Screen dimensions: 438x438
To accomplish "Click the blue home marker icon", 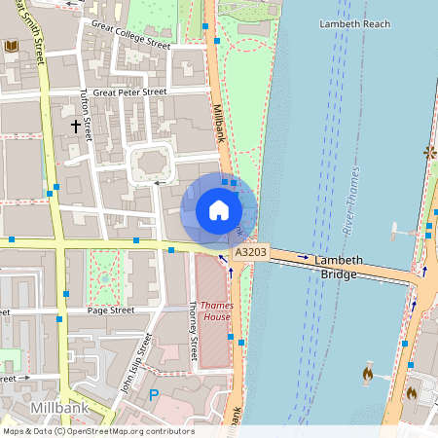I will point(219,209).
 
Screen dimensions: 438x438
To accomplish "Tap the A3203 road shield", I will point(249,252).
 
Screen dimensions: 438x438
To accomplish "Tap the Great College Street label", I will point(129,34).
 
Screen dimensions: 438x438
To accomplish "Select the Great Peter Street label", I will point(129,92).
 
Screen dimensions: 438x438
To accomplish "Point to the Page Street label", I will point(110,310).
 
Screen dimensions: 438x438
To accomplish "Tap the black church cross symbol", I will point(75,126).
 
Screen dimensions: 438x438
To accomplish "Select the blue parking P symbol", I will point(153,395).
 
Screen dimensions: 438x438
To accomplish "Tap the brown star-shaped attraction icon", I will point(429,152).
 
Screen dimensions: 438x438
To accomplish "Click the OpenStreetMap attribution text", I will point(97,431).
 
